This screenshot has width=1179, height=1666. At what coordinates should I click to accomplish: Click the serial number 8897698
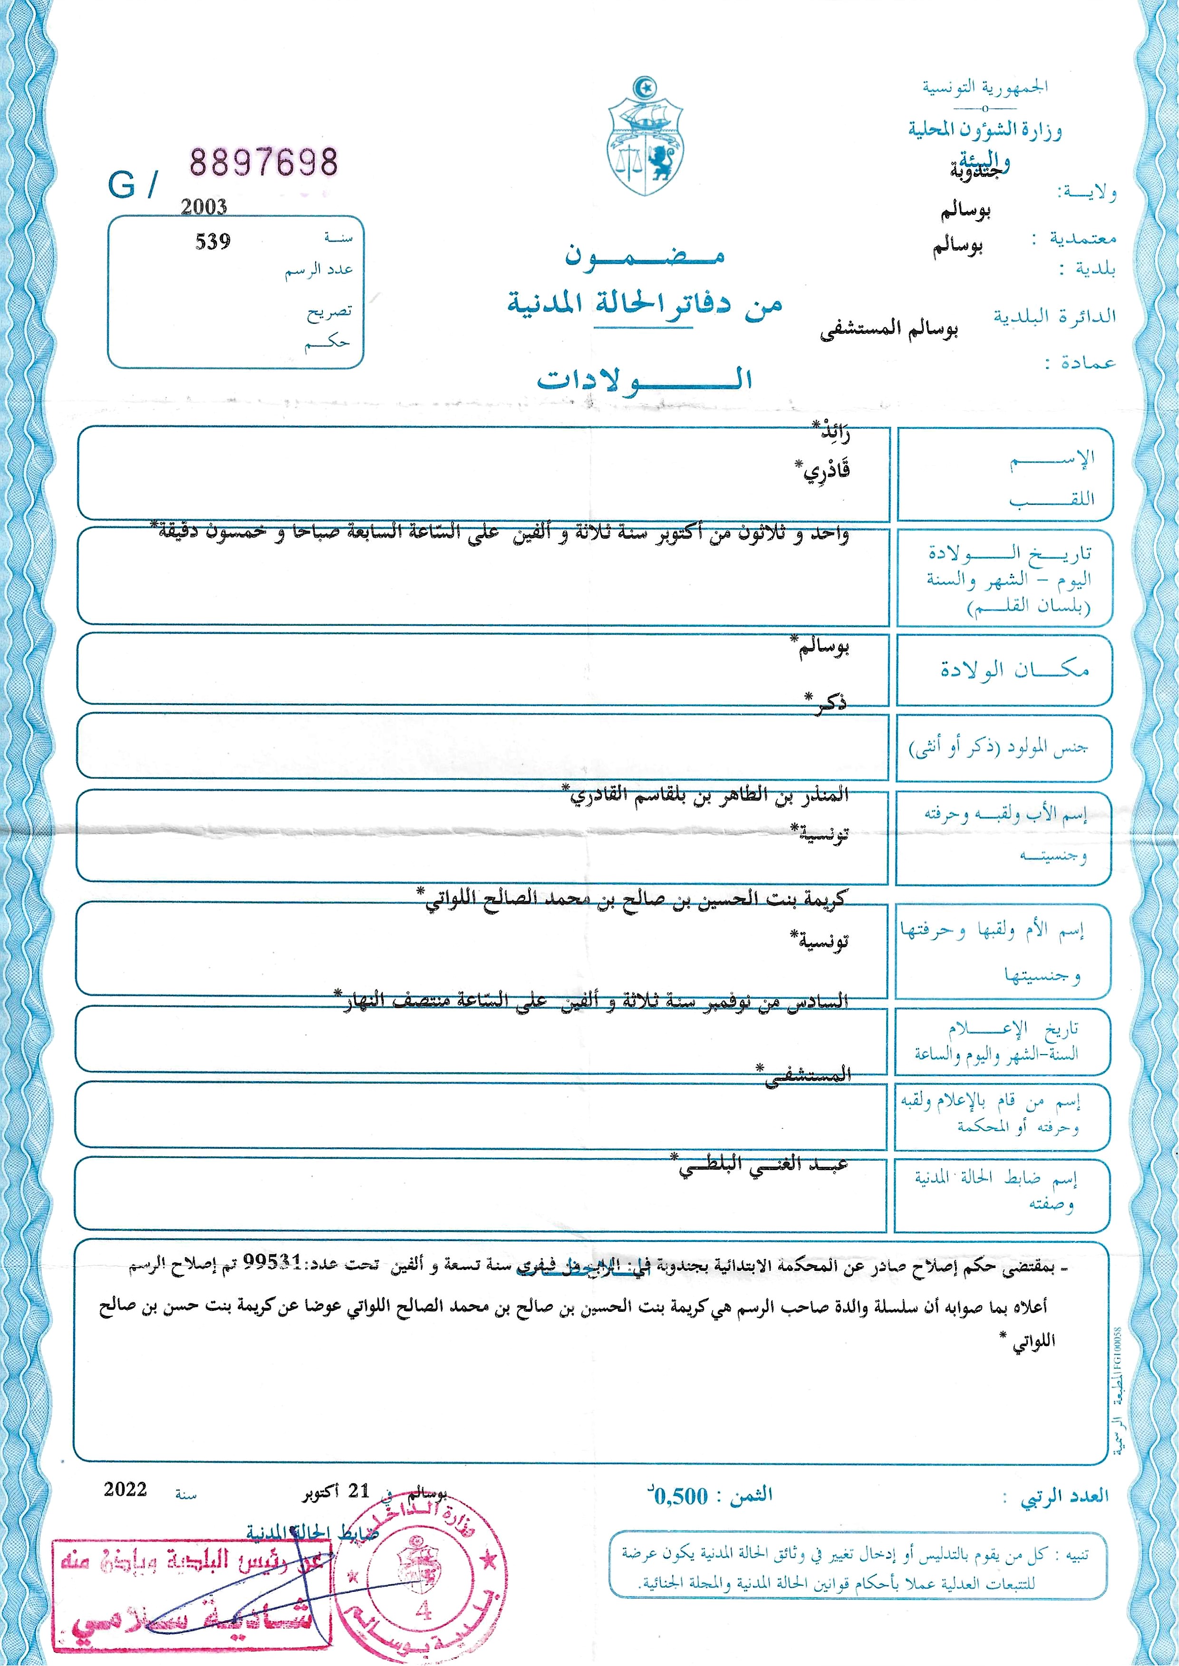coord(263,161)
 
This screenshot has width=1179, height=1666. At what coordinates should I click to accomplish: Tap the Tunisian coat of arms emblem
coord(645,138)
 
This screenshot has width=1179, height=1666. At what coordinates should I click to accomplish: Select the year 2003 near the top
coord(204,207)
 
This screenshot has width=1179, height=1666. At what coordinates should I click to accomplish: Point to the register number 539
coord(213,242)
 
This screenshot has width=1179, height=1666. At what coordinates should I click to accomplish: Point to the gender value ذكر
coord(828,703)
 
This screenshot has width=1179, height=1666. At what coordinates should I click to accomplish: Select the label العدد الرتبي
coord(1064,1496)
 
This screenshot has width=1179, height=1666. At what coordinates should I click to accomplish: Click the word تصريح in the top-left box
coord(329,312)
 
